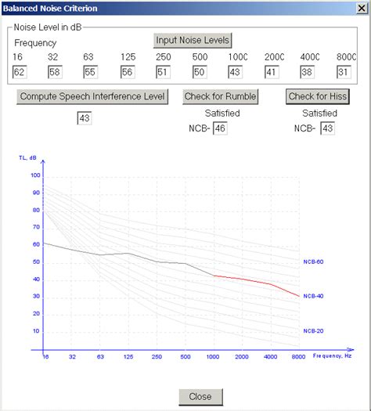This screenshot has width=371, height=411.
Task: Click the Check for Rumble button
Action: [218, 96]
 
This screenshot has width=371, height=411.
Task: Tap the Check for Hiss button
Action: [318, 96]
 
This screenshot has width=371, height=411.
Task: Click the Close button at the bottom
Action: [200, 396]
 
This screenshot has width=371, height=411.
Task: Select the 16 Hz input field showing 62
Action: [20, 72]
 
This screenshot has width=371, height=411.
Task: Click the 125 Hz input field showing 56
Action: [128, 72]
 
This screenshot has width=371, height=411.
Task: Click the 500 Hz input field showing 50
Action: [200, 72]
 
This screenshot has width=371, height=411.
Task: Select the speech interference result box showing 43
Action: [85, 118]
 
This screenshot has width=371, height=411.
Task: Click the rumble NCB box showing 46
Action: [220, 128]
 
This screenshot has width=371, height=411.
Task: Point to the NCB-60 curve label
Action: [313, 261]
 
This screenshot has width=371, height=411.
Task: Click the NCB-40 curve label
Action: [313, 296]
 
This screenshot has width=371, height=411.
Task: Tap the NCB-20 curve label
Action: [313, 330]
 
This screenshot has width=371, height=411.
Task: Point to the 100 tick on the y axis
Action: [34, 175]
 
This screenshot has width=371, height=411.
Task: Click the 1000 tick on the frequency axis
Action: [214, 357]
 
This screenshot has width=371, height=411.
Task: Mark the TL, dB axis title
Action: [27, 157]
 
